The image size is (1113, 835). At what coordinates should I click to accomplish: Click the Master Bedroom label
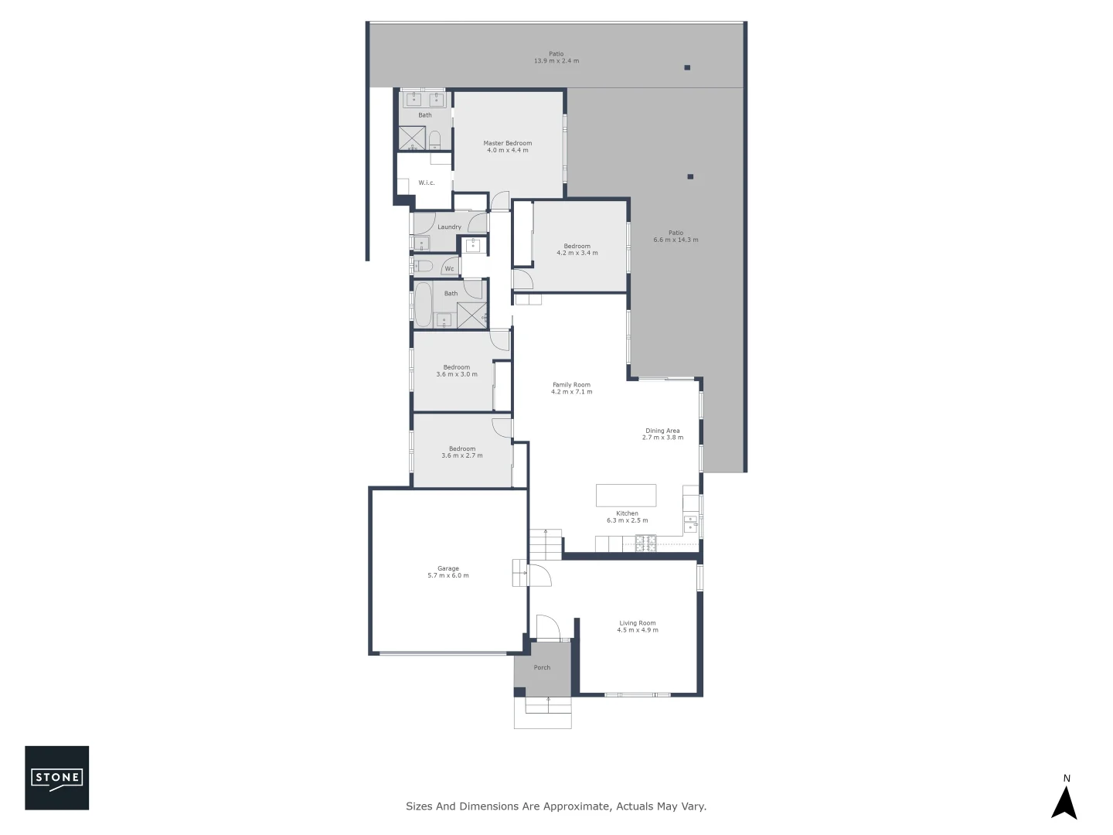pyautogui.click(x=507, y=143)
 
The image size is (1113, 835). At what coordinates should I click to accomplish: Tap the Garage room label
pyautogui.click(x=448, y=568)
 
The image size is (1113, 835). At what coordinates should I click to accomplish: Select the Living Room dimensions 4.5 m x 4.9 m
pyautogui.click(x=637, y=630)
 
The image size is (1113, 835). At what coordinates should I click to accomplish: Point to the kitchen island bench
pyautogui.click(x=625, y=495)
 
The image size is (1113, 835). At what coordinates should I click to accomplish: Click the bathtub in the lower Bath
pyautogui.click(x=423, y=305)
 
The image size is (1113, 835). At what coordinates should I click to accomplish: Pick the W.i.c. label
pyautogui.click(x=426, y=182)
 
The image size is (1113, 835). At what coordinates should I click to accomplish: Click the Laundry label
pyautogui.click(x=449, y=227)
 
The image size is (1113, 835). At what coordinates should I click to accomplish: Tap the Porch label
pyautogui.click(x=542, y=667)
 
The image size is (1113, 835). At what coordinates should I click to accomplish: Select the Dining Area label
pyautogui.click(x=662, y=431)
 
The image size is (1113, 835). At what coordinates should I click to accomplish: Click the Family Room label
pyautogui.click(x=571, y=384)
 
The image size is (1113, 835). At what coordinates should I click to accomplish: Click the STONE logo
pyautogui.click(x=57, y=778)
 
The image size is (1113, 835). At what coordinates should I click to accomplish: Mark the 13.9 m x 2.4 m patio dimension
pyautogui.click(x=556, y=61)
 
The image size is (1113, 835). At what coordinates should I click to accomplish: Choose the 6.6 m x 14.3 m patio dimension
pyautogui.click(x=676, y=240)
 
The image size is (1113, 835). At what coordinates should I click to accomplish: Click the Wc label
pyautogui.click(x=449, y=269)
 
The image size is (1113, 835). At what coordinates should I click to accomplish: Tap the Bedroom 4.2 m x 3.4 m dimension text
pyautogui.click(x=577, y=253)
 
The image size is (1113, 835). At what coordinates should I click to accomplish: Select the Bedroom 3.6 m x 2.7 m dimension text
pyautogui.click(x=461, y=455)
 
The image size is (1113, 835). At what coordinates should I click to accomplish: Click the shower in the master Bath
pyautogui.click(x=412, y=138)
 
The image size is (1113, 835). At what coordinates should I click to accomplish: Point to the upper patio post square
pyautogui.click(x=686, y=68)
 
